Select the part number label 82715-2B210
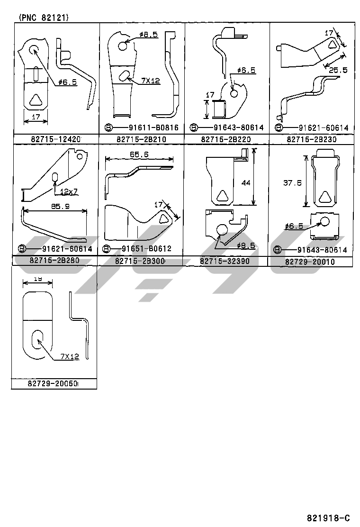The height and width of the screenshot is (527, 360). point(141,139)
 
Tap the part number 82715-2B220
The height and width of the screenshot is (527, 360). point(226,139)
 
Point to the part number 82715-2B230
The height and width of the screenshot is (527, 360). point(311,139)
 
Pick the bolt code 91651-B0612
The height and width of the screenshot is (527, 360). point(146,249)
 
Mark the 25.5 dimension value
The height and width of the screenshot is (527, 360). point(338,70)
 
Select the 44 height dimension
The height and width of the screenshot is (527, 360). point(245,182)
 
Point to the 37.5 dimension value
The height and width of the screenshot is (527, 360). point(292,183)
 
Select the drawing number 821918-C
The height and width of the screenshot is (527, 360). point(328,518)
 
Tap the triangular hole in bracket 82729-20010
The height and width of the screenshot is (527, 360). point(325,196)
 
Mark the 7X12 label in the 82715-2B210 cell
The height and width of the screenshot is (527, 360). point(150,81)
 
